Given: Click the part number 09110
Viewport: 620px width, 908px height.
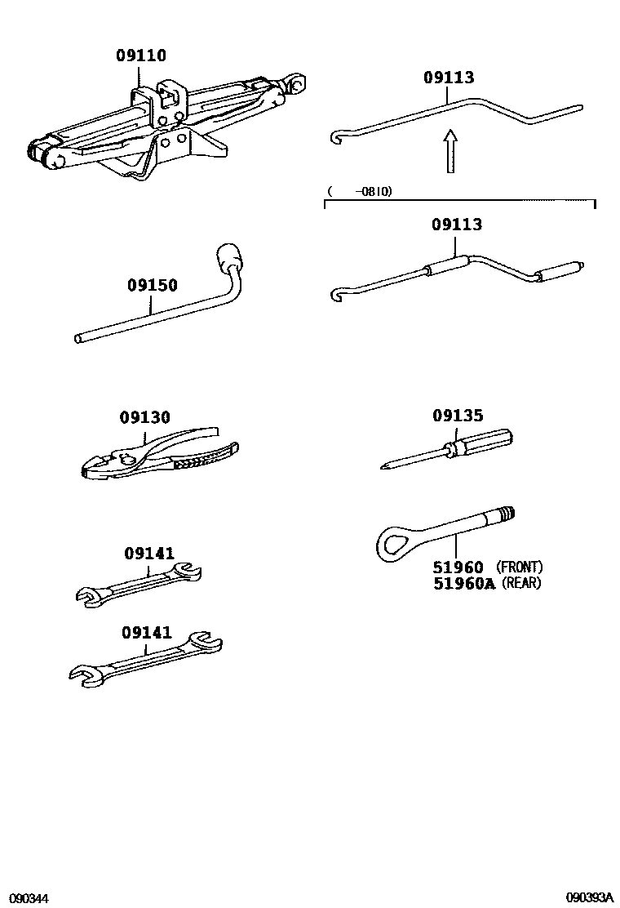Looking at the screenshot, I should tap(140, 56).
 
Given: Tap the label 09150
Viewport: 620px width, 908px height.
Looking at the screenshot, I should tap(152, 286).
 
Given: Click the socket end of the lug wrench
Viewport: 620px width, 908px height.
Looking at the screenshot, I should tap(227, 259).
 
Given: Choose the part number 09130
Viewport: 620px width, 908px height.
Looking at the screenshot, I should tap(144, 417).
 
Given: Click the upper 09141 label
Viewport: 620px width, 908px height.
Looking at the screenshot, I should tap(149, 554).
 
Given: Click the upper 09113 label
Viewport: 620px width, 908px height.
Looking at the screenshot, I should tap(448, 78).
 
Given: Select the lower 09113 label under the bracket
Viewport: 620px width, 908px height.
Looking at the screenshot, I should tap(457, 225).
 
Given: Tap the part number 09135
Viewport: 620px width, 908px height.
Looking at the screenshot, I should tap(458, 416).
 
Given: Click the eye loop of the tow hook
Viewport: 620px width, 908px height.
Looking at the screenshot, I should tap(396, 541).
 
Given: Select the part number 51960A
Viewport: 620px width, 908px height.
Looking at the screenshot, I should tap(464, 583).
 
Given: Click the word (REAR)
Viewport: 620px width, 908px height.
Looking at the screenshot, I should tap(521, 583).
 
